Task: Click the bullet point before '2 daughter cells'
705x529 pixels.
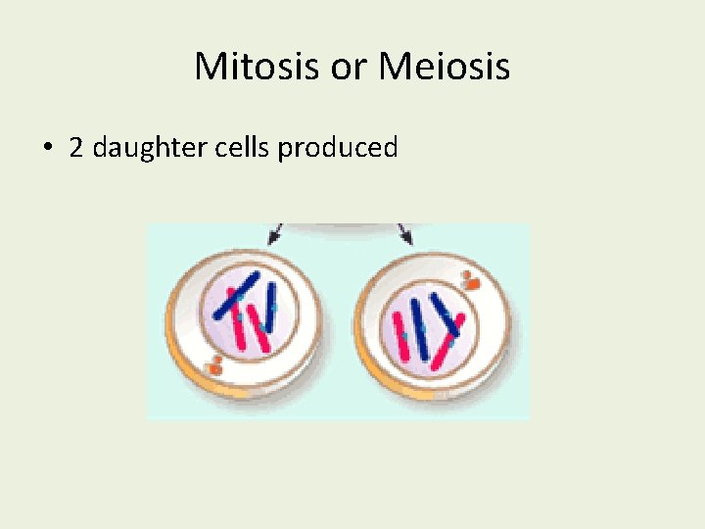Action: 47,149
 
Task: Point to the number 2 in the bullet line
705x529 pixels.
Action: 75,148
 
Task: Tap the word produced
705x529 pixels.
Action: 338,149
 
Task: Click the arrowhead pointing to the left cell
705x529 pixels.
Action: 275,235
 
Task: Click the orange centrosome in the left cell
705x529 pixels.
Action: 214,367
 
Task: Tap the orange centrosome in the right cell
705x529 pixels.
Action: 471,283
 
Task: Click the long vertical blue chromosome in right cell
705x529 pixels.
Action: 420,328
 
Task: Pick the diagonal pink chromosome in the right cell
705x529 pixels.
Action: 446,344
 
